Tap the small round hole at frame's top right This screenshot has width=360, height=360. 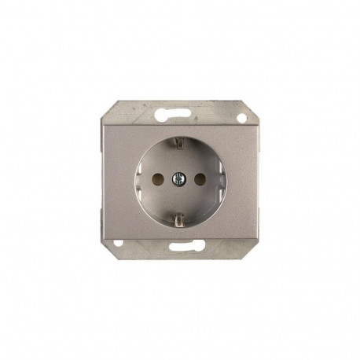pyautogui.click(x=241, y=119)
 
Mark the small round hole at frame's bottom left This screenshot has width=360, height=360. pyautogui.click(x=118, y=243)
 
